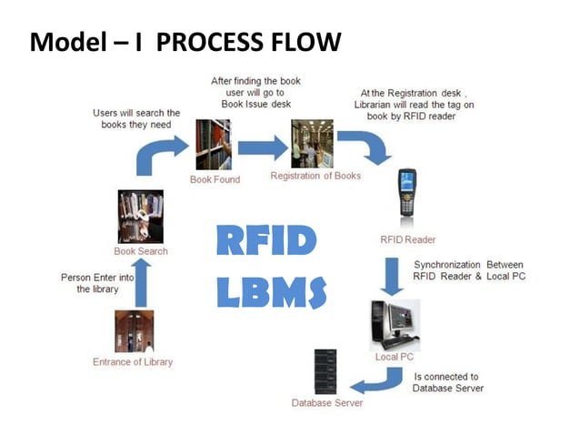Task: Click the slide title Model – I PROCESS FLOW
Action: click(185, 42)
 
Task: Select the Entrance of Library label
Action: click(133, 361)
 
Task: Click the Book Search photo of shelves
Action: click(140, 217)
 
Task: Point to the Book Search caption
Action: click(140, 250)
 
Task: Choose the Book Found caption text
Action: click(215, 179)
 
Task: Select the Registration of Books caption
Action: click(315, 176)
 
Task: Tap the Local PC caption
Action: click(394, 357)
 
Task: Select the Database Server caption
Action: click(326, 402)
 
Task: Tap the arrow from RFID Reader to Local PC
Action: click(391, 276)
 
